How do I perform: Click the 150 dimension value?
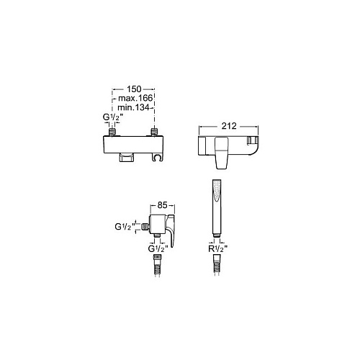click(x=134, y=89)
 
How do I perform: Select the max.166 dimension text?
click(x=135, y=98)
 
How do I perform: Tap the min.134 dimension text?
click(x=133, y=107)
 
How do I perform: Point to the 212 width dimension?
click(x=229, y=126)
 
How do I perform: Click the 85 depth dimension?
click(x=162, y=205)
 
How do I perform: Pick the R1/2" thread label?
click(x=217, y=249)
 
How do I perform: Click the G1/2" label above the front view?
click(x=113, y=117)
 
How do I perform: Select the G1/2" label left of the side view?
click(x=125, y=227)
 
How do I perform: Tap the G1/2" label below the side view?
click(x=158, y=249)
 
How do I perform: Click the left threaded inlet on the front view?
click(x=112, y=132)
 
